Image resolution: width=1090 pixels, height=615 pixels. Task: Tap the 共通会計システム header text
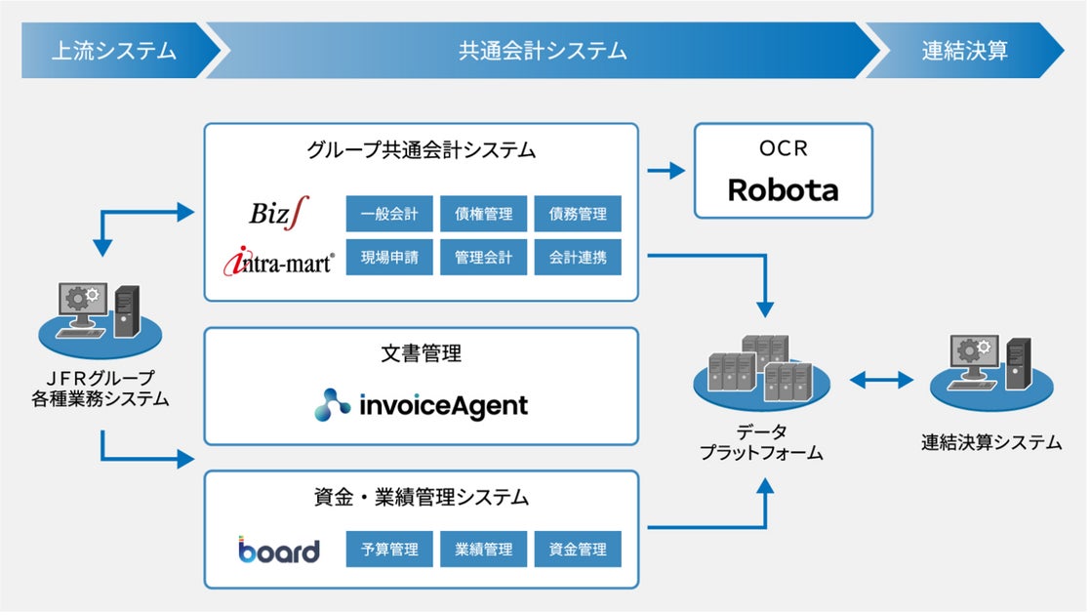543,51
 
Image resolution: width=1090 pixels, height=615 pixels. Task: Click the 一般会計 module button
389,214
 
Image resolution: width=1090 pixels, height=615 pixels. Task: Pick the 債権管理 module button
483,214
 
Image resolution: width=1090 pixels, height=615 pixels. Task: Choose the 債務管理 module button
578,214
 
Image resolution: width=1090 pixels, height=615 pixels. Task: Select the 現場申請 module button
389,258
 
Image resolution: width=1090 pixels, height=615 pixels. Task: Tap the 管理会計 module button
483,258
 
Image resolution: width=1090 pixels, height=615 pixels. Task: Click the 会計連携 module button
578,258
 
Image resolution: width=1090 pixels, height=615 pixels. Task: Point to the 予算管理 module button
389,550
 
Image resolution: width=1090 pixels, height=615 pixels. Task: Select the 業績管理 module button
483,550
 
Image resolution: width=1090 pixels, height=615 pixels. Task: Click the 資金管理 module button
578,550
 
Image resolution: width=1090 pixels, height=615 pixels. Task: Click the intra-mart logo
278,261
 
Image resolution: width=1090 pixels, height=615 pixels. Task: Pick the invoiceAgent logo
421,404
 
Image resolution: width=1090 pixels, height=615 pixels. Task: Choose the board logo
279,551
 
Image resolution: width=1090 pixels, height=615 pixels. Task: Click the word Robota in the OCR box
783,189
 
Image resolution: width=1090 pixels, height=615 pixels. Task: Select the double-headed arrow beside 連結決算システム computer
881,379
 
